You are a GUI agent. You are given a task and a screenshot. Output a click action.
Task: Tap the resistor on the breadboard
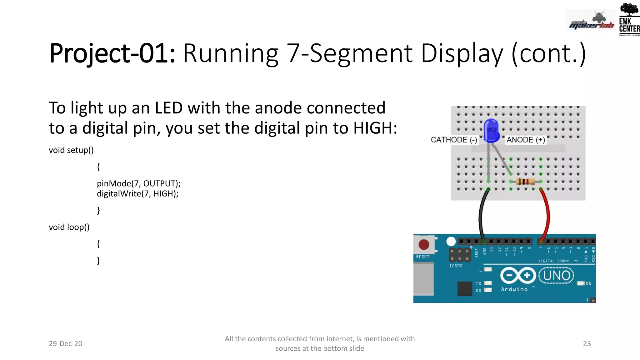(525, 182)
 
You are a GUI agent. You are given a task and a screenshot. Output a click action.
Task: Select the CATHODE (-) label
(454, 140)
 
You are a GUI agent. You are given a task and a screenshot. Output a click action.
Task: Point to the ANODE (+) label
(526, 140)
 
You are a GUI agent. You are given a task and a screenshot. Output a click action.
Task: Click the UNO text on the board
(557, 276)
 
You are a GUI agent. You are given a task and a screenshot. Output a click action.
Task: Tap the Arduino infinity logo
(518, 276)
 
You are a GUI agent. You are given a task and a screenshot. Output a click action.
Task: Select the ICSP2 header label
(456, 266)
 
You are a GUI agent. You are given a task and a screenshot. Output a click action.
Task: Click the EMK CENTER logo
(629, 19)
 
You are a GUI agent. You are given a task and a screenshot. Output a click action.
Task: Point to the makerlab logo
(591, 21)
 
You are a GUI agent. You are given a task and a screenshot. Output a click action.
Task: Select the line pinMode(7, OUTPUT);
(138, 183)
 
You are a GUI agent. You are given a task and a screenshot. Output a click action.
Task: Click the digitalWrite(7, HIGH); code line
(137, 194)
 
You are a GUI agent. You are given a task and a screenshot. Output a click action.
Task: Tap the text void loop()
(69, 227)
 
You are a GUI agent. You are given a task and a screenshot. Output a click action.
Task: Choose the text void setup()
(71, 150)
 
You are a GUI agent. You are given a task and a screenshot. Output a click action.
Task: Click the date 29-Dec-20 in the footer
(65, 343)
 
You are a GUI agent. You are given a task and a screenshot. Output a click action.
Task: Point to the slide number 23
(587, 343)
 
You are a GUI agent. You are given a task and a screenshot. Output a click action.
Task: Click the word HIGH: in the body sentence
(375, 128)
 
